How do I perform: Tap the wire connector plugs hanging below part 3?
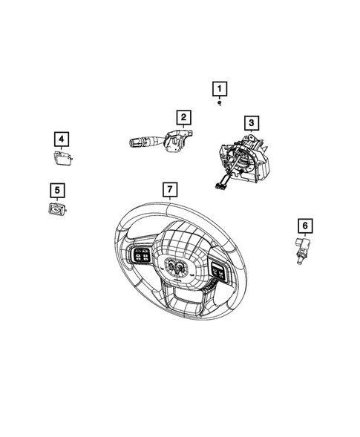pyautogui.click(x=220, y=185)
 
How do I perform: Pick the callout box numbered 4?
pyautogui.click(x=61, y=138)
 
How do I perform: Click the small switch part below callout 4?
pyautogui.click(x=62, y=157)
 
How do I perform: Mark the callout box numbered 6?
pyautogui.click(x=304, y=224)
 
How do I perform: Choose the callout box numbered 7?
pyautogui.click(x=170, y=190)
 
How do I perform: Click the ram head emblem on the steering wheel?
pyautogui.click(x=177, y=268)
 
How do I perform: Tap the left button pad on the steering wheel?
pyautogui.click(x=140, y=257)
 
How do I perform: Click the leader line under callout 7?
pyautogui.click(x=170, y=201)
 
